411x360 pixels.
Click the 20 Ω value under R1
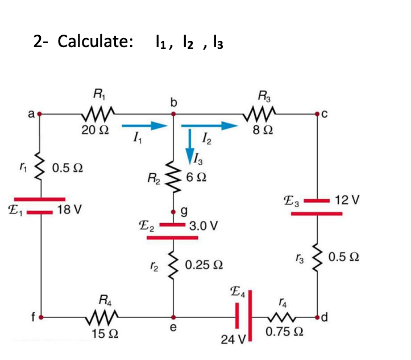coord(94,130)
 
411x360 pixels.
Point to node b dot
coord(174,114)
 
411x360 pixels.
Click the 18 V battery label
coord(69,211)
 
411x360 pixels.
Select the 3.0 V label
coord(203,225)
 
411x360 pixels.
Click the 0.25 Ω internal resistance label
coord(204,265)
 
